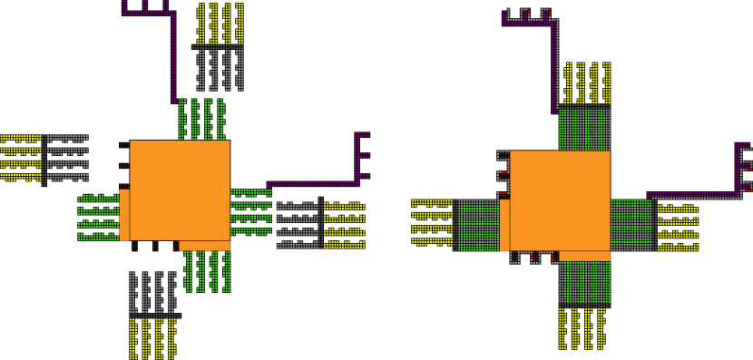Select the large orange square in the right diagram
pyautogui.click(x=560, y=200)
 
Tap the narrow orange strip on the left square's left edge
pyautogui.click(x=124, y=215)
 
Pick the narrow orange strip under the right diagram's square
pyautogui.click(x=584, y=256)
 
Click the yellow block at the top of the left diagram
pyautogui.click(x=220, y=24)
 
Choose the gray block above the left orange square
pyautogui.click(x=220, y=69)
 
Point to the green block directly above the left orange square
pyautogui.click(x=201, y=119)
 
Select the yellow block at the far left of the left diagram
pyautogui.click(x=21, y=159)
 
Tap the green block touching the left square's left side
pyautogui.click(x=99, y=218)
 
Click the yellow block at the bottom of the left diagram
pyautogui.click(x=152, y=337)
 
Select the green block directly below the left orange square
pyautogui.click(x=208, y=271)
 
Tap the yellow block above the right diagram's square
pyautogui.click(x=587, y=83)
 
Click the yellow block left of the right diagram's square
pyautogui.click(x=432, y=223)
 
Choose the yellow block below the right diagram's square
pyautogui.click(x=582, y=328)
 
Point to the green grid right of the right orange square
pyautogui.click(x=631, y=225)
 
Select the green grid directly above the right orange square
pyautogui.click(x=584, y=129)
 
